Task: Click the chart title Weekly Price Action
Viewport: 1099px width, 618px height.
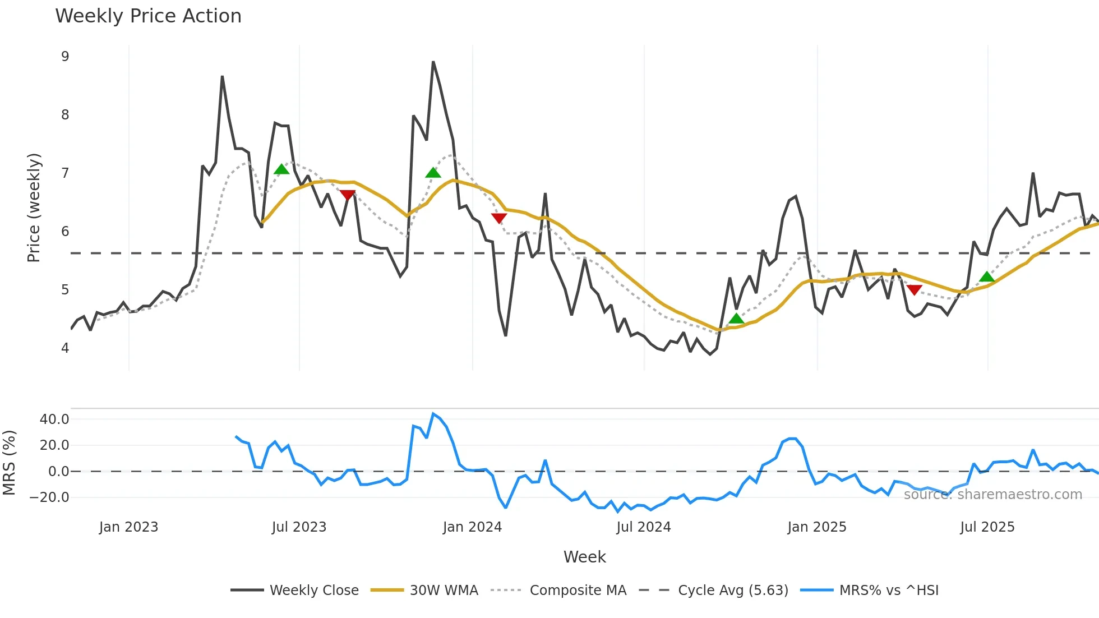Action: pyautogui.click(x=148, y=16)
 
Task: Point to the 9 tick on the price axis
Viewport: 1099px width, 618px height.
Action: pyautogui.click(x=65, y=56)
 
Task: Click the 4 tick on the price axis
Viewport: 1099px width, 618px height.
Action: pyautogui.click(x=65, y=348)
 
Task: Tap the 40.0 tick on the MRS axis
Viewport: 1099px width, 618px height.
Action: pyautogui.click(x=54, y=419)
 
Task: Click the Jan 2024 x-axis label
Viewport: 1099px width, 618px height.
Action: pyautogui.click(x=472, y=527)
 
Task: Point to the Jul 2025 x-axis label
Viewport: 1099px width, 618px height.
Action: pyautogui.click(x=987, y=527)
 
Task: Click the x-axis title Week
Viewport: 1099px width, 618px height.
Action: pyautogui.click(x=584, y=556)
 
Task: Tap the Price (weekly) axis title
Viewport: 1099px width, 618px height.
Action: pyautogui.click(x=34, y=207)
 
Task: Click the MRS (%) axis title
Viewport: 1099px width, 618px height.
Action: pyautogui.click(x=9, y=463)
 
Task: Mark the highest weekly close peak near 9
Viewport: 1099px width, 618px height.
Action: pyautogui.click(x=433, y=62)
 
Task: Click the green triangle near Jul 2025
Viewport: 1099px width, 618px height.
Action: pyautogui.click(x=987, y=276)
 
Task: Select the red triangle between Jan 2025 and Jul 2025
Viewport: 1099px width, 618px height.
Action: pyautogui.click(x=914, y=290)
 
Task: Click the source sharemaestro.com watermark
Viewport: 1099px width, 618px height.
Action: pyautogui.click(x=992, y=494)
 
